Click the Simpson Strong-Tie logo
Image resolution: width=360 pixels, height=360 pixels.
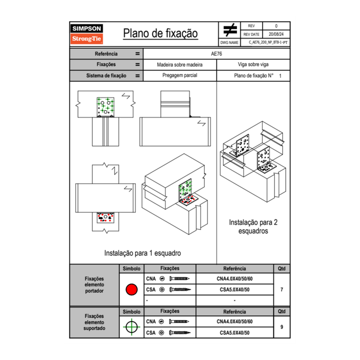[x=87, y=34]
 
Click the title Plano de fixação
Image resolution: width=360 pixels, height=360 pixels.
[x=160, y=33]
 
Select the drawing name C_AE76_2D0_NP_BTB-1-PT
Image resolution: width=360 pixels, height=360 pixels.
[x=268, y=42]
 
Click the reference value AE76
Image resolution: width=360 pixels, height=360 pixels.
[x=216, y=54]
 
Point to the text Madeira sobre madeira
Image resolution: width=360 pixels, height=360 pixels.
[x=180, y=65]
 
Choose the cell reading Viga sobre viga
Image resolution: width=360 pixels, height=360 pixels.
[x=253, y=65]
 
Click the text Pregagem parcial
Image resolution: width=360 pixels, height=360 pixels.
[x=180, y=76]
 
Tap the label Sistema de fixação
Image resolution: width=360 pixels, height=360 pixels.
[x=106, y=76]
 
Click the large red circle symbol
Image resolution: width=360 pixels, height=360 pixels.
[x=131, y=290]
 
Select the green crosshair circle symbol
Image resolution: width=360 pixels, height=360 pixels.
[x=131, y=327]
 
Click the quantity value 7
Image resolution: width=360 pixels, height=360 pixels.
[x=282, y=290]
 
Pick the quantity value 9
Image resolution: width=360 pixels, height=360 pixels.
[x=282, y=327]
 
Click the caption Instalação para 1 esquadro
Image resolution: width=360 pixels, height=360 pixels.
[x=142, y=253]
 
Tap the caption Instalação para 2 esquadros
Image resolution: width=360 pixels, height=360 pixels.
[x=253, y=227]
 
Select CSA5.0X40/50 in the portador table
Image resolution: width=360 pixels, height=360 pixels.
[x=234, y=290]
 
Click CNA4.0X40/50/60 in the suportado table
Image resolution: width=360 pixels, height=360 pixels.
[x=234, y=322]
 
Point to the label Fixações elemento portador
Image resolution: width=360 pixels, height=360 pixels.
[x=94, y=285]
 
